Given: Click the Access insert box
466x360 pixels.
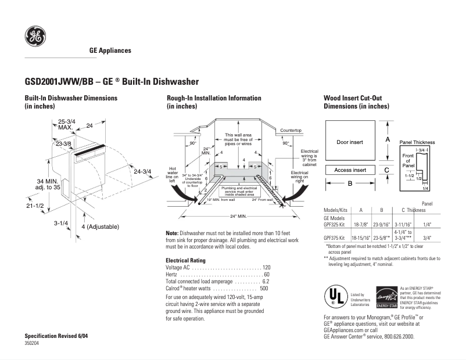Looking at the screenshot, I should pos(350,170).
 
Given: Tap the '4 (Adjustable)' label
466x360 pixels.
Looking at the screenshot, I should pos(100,226).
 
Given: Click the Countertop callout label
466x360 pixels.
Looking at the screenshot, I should pos(291,130).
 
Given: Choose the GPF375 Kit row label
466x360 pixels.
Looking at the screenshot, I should pos(335,238).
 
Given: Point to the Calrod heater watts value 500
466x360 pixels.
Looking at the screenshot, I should pos(264,289).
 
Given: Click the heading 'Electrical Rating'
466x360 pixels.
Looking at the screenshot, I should pos(185,260).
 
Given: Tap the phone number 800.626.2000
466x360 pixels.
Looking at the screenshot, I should pos(395,336).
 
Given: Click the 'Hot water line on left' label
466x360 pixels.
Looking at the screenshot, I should pos(173,172).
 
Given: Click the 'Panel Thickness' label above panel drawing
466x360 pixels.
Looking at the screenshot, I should pos(417,142).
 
